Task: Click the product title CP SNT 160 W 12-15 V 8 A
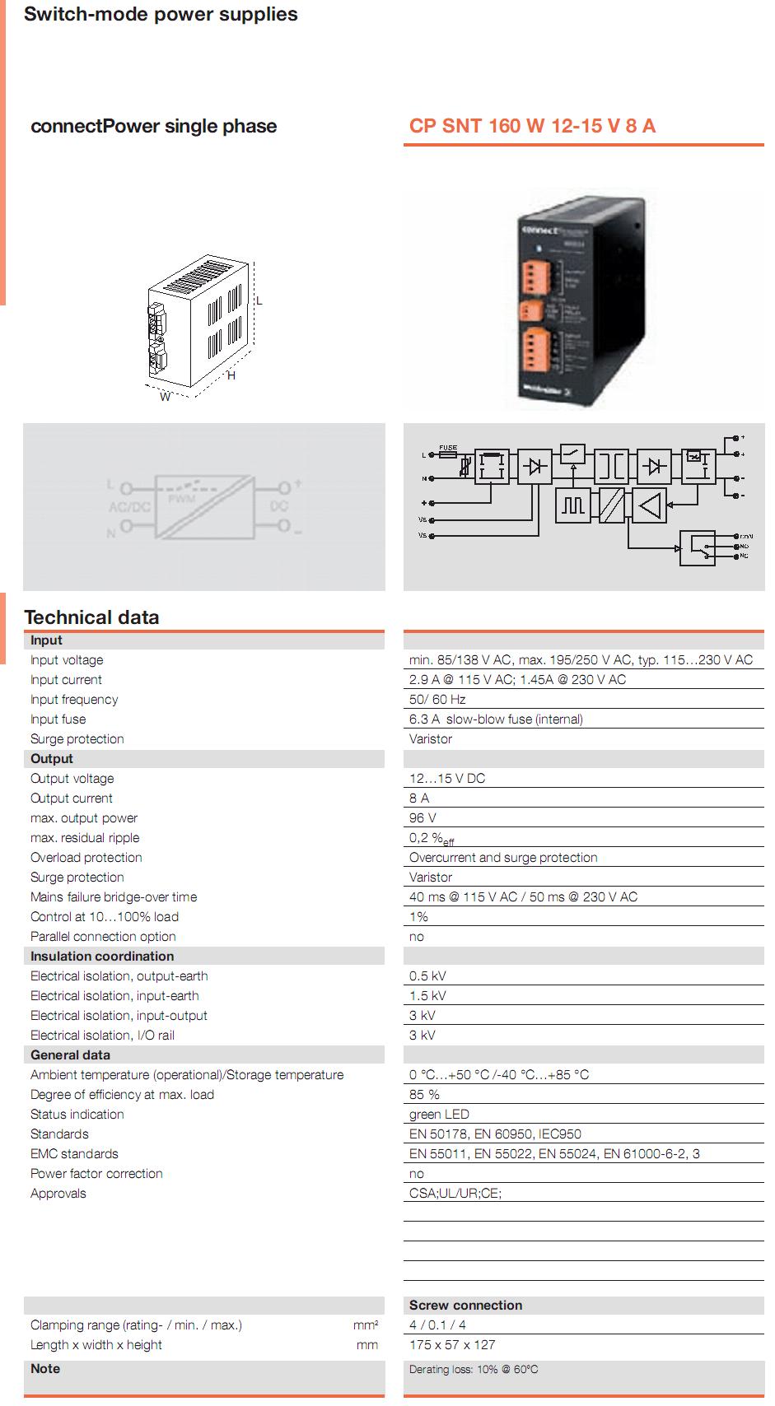click(532, 126)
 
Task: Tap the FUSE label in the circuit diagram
click(448, 447)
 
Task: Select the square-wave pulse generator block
click(573, 505)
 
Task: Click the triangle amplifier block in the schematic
click(650, 505)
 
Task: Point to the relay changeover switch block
click(696, 547)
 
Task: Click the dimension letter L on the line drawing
click(259, 301)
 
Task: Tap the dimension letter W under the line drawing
click(165, 397)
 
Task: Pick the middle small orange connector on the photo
click(527, 310)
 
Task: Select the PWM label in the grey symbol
click(181, 500)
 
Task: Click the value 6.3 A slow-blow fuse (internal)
click(496, 719)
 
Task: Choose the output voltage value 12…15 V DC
click(447, 779)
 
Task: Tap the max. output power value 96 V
click(423, 818)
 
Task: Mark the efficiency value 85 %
click(424, 1095)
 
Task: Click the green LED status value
click(439, 1115)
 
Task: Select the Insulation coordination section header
click(102, 957)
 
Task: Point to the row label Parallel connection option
click(103, 937)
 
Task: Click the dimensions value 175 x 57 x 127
click(452, 1345)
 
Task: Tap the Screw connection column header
click(465, 1306)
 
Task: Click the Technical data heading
click(91, 617)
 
